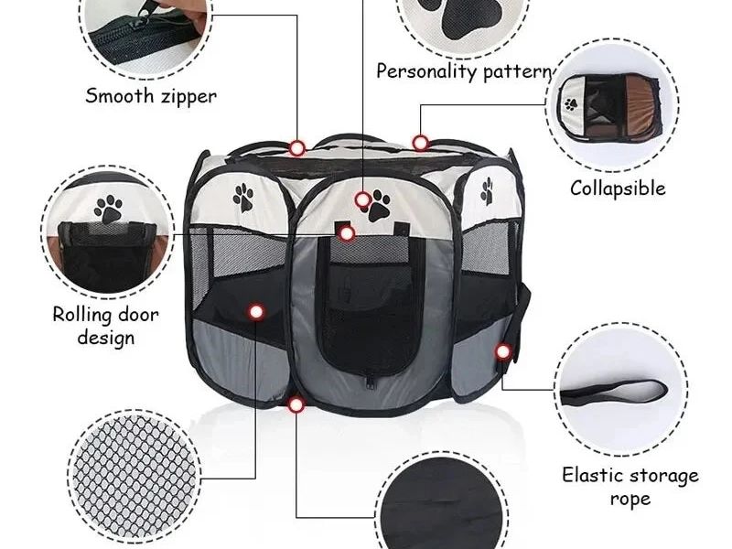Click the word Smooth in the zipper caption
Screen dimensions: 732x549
click(x=120, y=96)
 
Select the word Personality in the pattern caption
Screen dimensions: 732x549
click(x=425, y=71)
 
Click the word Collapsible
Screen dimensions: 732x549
click(x=618, y=188)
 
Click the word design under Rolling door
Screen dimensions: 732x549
click(x=106, y=338)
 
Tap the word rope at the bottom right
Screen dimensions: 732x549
click(x=630, y=500)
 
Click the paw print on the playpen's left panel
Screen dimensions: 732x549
click(x=243, y=198)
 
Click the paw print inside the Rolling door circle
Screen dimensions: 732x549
click(x=108, y=209)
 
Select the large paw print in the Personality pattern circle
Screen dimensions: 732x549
click(x=464, y=18)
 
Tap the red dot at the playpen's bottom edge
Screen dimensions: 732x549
click(x=296, y=404)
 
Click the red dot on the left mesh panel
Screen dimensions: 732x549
click(x=256, y=311)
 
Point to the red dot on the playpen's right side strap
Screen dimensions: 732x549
click(x=502, y=351)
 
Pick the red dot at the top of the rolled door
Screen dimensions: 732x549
click(x=346, y=233)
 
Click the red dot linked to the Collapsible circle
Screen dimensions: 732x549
click(x=421, y=143)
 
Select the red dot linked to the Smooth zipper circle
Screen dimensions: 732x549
click(x=296, y=148)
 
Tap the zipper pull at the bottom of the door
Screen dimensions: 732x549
click(x=371, y=382)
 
